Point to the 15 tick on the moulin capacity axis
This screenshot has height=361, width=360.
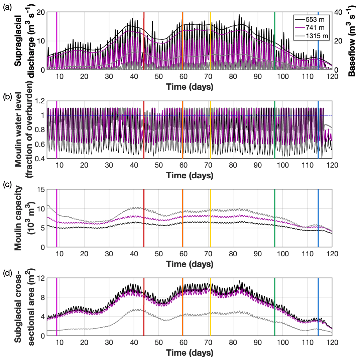click(41, 189)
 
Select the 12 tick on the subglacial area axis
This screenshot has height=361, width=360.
click(41, 278)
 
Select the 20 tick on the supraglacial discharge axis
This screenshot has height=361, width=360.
click(41, 12)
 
